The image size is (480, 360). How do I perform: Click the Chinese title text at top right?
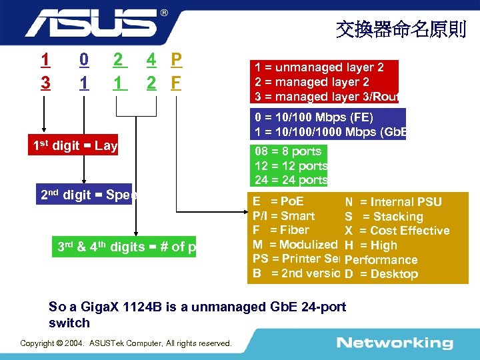coord(401,29)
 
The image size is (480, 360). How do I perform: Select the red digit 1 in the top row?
coord(45,60)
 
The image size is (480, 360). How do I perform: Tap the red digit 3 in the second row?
coord(45,83)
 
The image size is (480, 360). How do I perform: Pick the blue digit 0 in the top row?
coord(83,60)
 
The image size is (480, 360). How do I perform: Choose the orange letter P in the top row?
coord(176,60)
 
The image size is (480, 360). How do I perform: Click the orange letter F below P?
coord(176,83)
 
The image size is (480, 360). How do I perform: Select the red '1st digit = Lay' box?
coord(74,146)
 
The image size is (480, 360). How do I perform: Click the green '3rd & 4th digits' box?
coord(126,247)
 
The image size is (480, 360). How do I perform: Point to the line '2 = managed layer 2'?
coord(311,82)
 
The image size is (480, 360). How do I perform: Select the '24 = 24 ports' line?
coord(291,180)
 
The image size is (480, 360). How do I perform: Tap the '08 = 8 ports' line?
coord(287,151)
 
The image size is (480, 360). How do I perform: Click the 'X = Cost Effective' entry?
coord(397,231)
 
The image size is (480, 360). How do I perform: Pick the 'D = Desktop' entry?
coord(381,274)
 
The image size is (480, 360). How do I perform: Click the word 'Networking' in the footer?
coord(394,343)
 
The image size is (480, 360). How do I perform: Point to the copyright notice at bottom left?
coord(126,343)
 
